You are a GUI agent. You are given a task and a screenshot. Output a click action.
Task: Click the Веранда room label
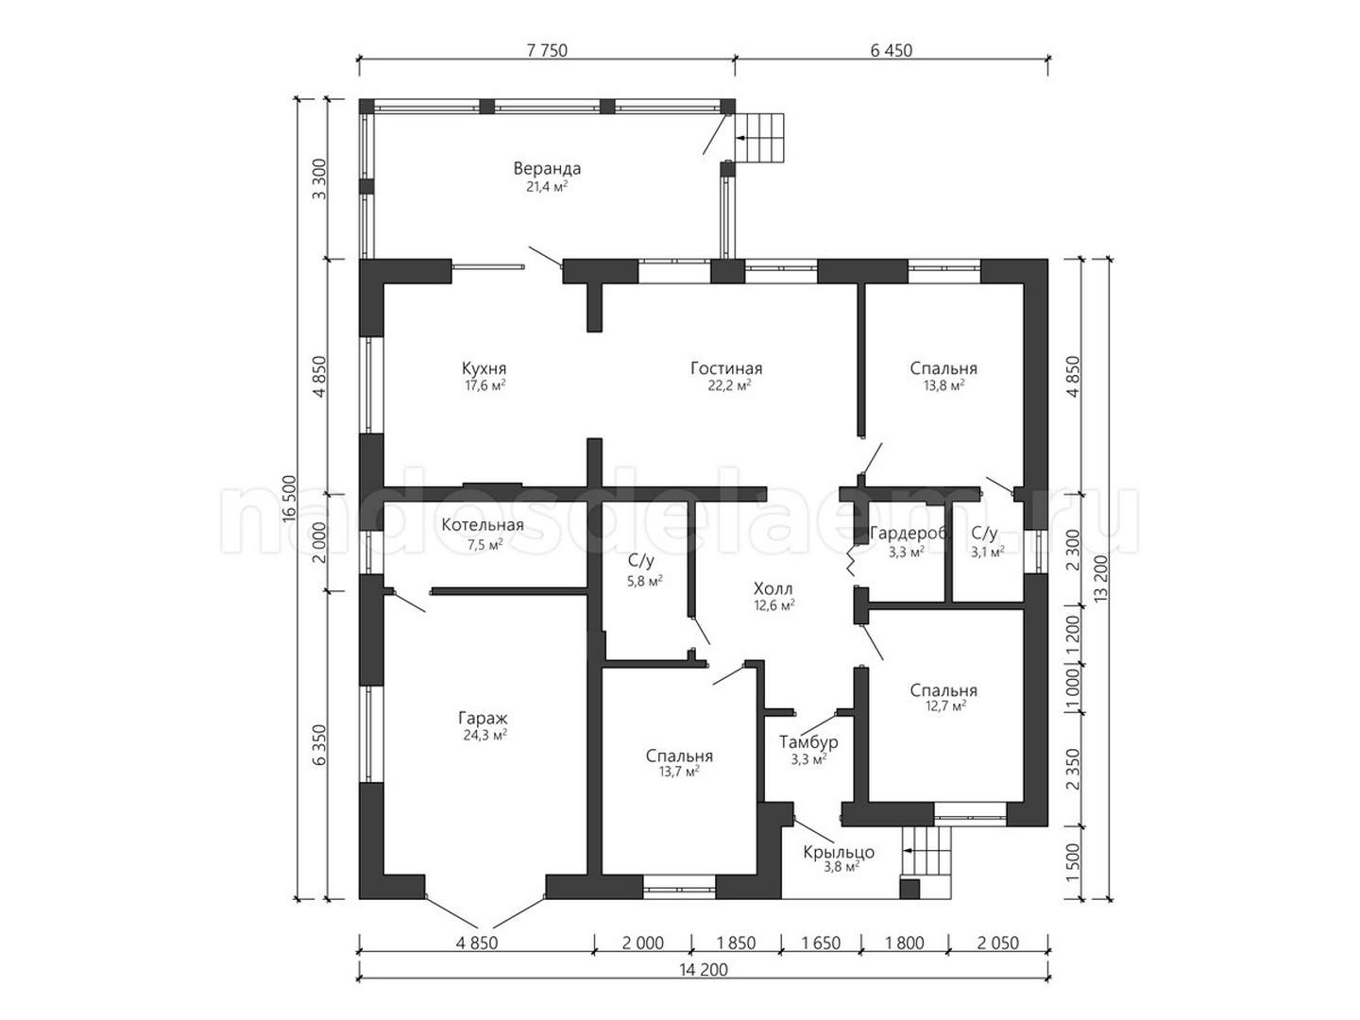[547, 168]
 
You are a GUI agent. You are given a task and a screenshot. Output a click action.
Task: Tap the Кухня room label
[484, 368]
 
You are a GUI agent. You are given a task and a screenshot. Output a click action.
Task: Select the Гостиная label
[726, 368]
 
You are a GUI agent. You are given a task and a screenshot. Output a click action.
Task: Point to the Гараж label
[483, 719]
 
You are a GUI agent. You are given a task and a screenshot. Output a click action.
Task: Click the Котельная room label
[483, 525]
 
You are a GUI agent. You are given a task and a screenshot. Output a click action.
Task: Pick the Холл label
[773, 588]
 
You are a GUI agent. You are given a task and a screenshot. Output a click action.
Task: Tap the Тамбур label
[808, 742]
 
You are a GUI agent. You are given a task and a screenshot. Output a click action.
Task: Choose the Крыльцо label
[839, 852]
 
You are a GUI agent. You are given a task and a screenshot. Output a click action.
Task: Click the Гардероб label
[909, 534]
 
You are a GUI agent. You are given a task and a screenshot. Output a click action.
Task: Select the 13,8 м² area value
[943, 385]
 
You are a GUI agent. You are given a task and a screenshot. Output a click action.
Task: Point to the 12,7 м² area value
[943, 705]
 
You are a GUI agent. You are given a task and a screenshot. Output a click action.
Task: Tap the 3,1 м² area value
[988, 552]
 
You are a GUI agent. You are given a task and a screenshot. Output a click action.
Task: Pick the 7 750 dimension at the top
[547, 50]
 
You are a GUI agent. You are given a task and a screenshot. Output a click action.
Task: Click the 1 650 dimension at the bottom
[821, 943]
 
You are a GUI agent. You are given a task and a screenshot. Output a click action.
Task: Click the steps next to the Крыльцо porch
[926, 861]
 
